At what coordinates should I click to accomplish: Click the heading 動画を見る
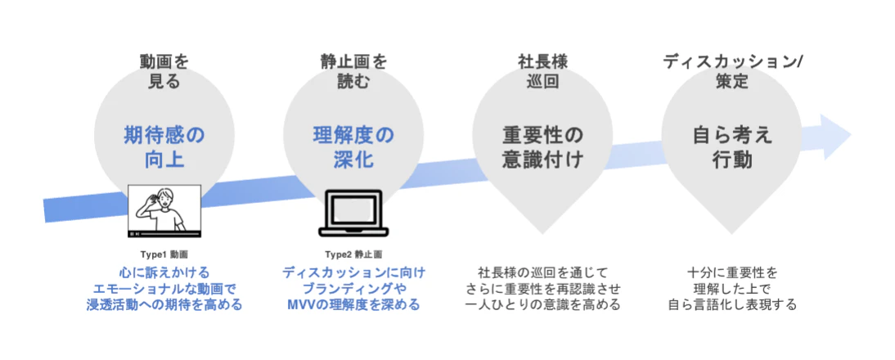[164, 71]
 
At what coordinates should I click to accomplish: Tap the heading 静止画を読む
[353, 71]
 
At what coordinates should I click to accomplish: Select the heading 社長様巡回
[543, 71]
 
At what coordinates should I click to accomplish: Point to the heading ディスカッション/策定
[731, 71]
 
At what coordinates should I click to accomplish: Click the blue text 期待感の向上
[164, 147]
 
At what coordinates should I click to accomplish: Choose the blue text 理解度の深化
[353, 147]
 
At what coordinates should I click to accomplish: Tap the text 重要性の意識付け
[543, 147]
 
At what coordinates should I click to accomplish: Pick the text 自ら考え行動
[732, 147]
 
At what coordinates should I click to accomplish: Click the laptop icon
[354, 213]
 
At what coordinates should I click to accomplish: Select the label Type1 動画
[164, 254]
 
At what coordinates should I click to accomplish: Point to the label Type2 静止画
[354, 254]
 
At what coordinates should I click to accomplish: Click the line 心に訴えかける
[164, 271]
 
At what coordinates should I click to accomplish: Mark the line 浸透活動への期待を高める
[164, 304]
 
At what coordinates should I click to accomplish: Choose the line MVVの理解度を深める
[354, 304]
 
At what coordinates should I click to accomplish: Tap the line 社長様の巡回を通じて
[543, 271]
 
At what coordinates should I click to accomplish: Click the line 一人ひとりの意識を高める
[543, 304]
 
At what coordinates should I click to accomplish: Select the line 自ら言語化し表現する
[732, 304]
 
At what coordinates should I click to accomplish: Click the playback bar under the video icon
[164, 234]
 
